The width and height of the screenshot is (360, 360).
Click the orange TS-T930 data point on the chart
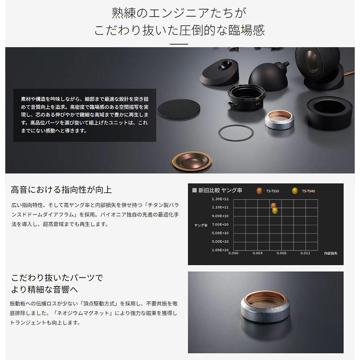coord(273,205)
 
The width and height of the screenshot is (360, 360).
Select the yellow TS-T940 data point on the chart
coord(275,211)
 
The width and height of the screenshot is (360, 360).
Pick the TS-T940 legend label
coord(308,191)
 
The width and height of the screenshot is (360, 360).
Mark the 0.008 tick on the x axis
coord(281,253)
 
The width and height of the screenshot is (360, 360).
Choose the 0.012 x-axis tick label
coord(305,253)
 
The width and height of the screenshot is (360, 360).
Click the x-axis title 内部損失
coord(330,253)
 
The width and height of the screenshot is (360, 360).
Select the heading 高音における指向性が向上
coord(62,190)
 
